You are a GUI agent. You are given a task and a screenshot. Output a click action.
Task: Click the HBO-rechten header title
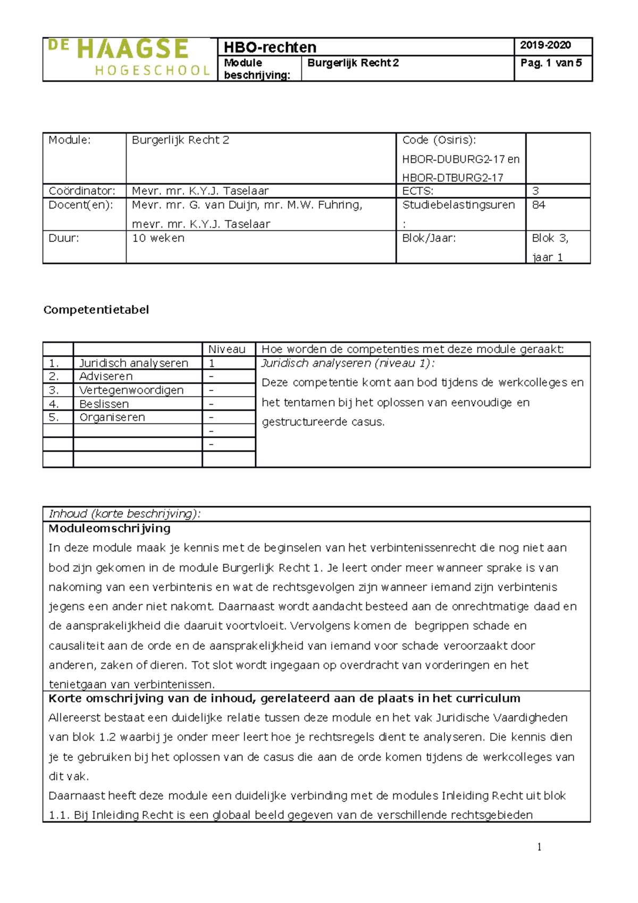(270, 47)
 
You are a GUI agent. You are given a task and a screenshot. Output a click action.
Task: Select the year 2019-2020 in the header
(545, 45)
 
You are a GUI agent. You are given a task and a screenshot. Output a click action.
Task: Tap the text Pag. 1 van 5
(551, 63)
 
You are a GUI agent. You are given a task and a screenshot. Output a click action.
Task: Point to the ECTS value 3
(535, 191)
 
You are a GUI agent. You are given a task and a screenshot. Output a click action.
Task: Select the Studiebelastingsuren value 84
(538, 205)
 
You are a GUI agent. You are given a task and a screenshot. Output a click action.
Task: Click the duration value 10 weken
(158, 238)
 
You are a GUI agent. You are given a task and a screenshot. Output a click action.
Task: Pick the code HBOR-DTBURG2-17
(452, 178)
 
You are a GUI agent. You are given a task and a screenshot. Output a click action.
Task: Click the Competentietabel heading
(96, 310)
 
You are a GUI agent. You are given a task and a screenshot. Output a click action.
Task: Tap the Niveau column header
(226, 349)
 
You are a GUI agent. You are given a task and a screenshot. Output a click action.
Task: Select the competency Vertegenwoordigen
(131, 390)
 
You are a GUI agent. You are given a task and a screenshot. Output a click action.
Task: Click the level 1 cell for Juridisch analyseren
(212, 363)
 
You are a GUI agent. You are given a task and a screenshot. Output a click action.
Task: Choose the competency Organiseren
(112, 417)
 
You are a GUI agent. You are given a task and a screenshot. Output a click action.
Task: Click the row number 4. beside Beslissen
(54, 404)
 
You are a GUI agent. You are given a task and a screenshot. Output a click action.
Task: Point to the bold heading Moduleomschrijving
(110, 528)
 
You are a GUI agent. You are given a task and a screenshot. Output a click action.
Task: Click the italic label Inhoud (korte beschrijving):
(124, 514)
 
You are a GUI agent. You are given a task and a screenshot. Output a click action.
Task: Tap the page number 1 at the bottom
(539, 847)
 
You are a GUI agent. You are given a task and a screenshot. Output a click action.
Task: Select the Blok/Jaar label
(429, 238)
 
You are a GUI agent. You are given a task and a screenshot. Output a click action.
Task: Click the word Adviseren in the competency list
(106, 376)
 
